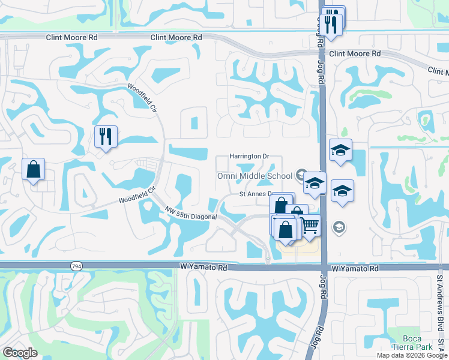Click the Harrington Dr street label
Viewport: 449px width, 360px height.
(249, 157)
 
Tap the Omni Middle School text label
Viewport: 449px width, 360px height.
(255, 176)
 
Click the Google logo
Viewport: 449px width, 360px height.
(20, 352)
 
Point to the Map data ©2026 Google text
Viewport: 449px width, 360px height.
(411, 355)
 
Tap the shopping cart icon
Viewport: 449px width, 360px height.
(310, 225)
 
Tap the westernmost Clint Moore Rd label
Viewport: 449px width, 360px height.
(71, 37)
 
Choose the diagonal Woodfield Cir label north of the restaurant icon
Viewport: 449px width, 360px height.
(142, 95)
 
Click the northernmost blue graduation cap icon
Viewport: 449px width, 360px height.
(340, 150)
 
